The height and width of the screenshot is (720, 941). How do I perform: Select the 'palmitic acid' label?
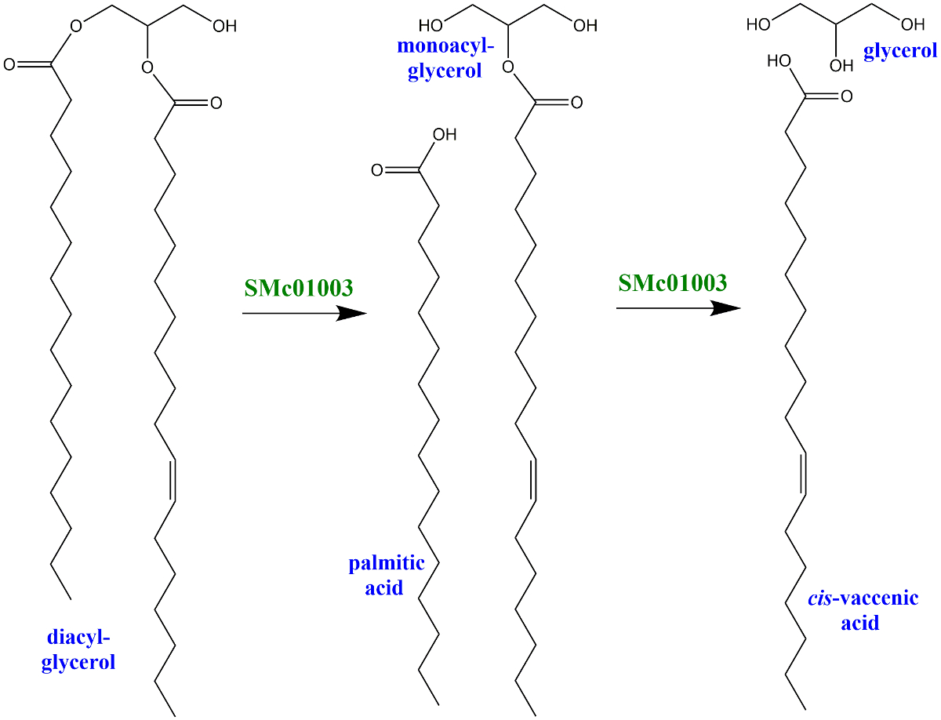[x=387, y=575]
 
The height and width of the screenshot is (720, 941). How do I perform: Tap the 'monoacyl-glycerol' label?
[x=445, y=58]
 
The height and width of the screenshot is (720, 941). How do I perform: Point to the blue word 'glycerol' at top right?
[x=900, y=51]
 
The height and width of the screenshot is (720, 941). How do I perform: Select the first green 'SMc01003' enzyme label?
[x=299, y=287]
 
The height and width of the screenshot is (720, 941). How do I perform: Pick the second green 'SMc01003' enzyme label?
[x=672, y=282]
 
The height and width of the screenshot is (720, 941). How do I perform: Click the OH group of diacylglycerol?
[x=223, y=26]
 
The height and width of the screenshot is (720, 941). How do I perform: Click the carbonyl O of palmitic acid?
[x=377, y=169]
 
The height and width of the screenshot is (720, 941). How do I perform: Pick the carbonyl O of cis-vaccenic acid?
[x=845, y=97]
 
